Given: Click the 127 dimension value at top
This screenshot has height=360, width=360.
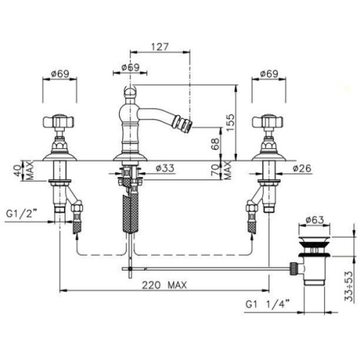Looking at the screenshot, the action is (x=160, y=47).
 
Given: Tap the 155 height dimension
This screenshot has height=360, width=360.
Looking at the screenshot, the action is (x=230, y=122).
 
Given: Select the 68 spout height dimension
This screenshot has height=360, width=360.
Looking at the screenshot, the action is (x=215, y=144).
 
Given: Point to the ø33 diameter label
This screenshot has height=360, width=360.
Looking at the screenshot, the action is (x=165, y=168).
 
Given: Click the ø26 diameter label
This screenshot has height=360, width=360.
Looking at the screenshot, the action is (x=302, y=168).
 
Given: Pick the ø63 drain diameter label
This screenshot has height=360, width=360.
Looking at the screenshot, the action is (x=315, y=220).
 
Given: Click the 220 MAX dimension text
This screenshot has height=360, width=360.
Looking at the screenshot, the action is (x=164, y=285).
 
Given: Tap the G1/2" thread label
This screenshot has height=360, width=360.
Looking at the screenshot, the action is (x=22, y=213).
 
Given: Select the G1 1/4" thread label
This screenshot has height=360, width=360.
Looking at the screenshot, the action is (x=267, y=305).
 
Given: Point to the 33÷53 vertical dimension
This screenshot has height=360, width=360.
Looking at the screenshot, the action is (x=349, y=286).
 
